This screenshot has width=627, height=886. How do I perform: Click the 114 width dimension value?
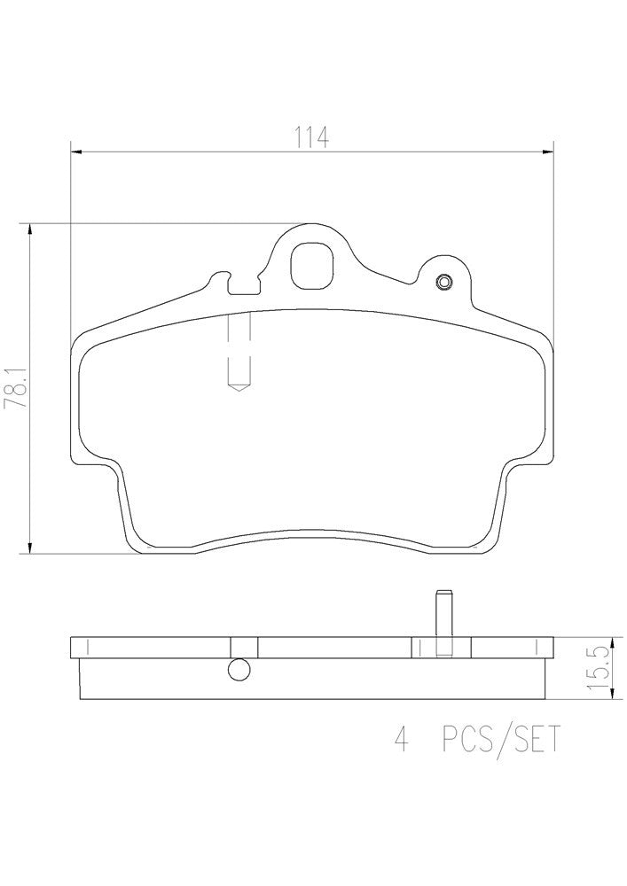311,137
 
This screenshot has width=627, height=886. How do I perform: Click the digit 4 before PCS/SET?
401,739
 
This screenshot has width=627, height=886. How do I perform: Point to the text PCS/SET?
500,739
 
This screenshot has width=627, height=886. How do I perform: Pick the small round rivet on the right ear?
444,283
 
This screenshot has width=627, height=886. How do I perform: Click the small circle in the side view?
239,670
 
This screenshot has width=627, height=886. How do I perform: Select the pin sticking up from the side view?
442,613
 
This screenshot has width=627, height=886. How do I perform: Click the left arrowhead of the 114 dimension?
74,152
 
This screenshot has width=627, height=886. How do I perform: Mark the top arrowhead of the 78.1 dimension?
32,229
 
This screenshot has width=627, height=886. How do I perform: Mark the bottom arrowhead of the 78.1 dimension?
32,548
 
